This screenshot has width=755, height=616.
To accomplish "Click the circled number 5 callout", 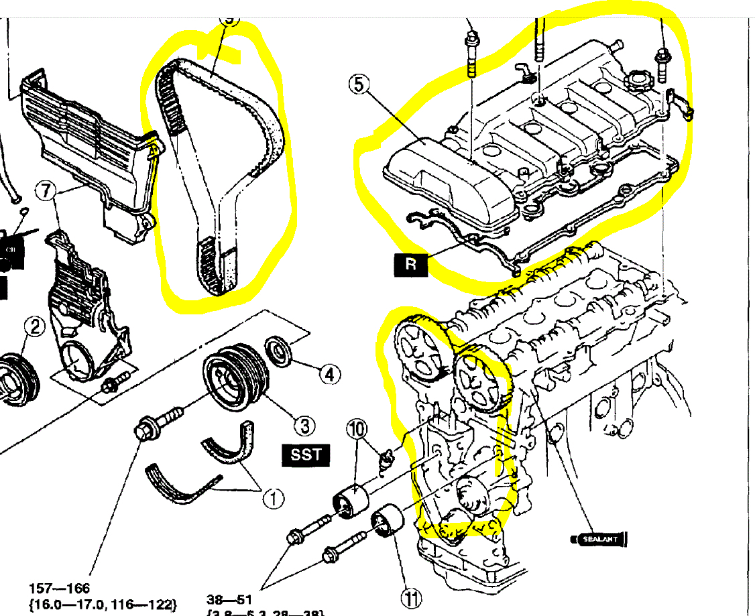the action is [359, 86].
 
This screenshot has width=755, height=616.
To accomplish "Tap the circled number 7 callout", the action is [46, 191].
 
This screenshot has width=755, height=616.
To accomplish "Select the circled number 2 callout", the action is [34, 326].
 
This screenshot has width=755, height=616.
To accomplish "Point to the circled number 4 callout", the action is [329, 373].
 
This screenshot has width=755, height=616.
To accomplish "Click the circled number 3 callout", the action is [304, 425].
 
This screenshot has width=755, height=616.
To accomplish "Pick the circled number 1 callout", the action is [273, 498].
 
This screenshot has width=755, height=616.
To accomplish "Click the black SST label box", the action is [306, 455].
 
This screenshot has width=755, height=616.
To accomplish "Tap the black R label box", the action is [411, 263].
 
